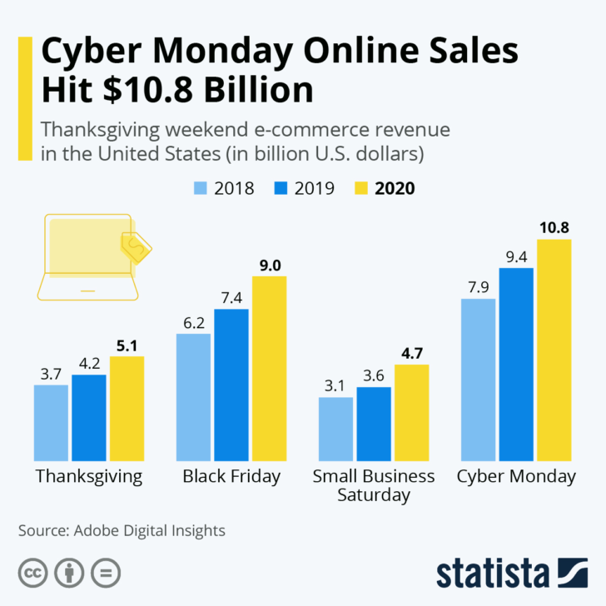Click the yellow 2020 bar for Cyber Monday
tap(554, 350)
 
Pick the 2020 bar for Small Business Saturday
tap(411, 413)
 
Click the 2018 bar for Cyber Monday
tap(478, 379)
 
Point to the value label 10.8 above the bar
tap(554, 227)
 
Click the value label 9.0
tap(269, 265)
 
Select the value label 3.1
tap(335, 385)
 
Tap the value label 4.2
tap(89, 363)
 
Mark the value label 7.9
tap(478, 287)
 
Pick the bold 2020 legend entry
tap(395, 188)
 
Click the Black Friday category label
tap(231, 477)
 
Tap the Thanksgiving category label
tap(89, 477)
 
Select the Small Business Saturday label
tap(373, 485)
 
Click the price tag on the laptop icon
tap(136, 246)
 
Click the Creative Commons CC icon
tap(33, 573)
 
